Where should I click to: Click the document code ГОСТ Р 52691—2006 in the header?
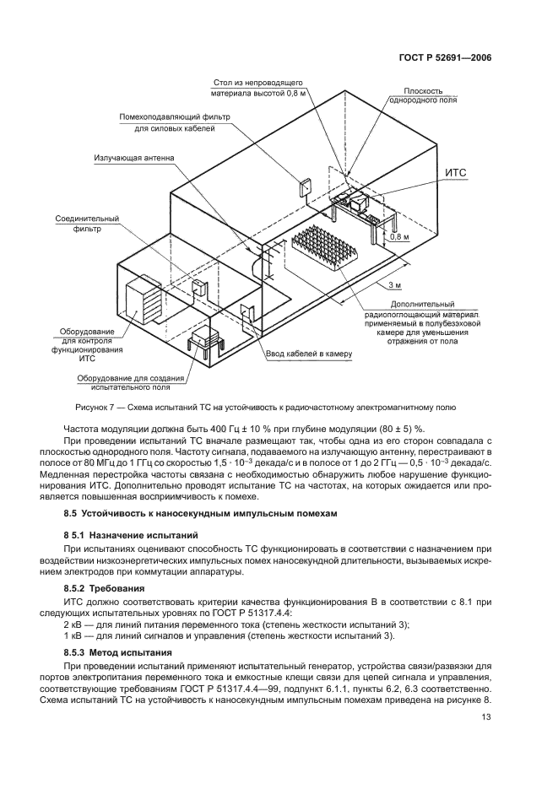coord(445,58)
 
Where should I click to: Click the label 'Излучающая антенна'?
coord(135,158)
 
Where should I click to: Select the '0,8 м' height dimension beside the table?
coord(399,237)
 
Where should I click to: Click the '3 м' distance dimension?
coord(395,284)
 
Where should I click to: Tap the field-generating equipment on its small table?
coord(205,340)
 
